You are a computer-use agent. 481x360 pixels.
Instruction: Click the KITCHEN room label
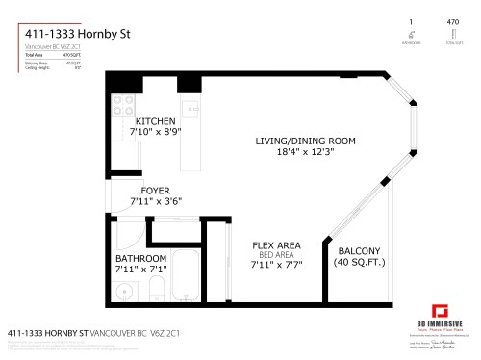click(x=155, y=121)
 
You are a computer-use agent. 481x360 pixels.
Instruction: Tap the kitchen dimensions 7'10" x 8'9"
click(x=155, y=132)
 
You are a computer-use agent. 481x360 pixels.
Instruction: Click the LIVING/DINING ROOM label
click(x=305, y=141)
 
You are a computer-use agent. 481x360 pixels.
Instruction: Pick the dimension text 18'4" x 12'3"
click(x=305, y=151)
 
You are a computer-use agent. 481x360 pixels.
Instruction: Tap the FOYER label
click(x=155, y=190)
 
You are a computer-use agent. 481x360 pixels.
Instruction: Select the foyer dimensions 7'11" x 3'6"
click(x=155, y=200)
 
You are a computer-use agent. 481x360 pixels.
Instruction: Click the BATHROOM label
click(x=141, y=259)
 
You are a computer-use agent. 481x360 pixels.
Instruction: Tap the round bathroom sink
click(x=122, y=291)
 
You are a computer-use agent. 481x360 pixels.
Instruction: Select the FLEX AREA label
click(x=277, y=245)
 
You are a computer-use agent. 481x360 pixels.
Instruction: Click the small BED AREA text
click(x=277, y=255)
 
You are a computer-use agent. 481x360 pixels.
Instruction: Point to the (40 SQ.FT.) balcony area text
click(x=357, y=262)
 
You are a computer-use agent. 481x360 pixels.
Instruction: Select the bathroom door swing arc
click(x=129, y=231)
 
